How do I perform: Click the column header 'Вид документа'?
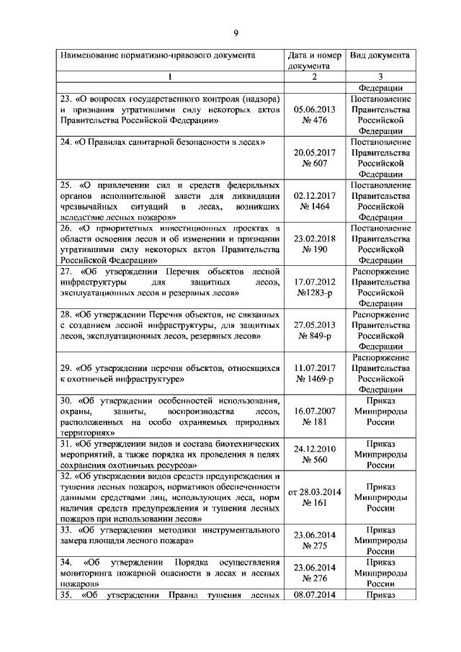coord(380,55)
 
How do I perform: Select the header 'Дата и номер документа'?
coord(314,60)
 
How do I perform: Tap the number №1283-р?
coord(315,293)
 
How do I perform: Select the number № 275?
coord(315,547)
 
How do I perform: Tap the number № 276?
coord(315,579)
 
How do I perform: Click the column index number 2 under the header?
coord(315,76)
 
